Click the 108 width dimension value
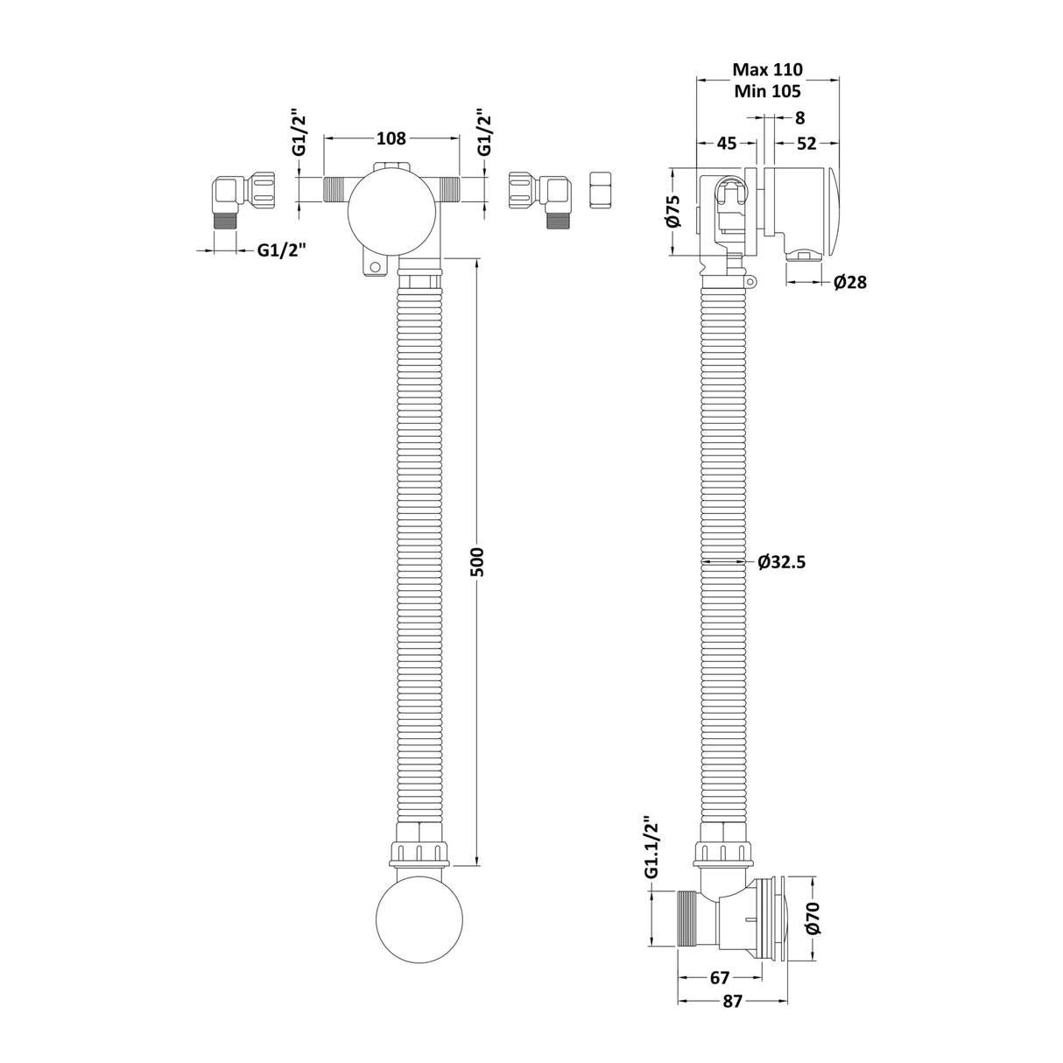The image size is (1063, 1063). (391, 137)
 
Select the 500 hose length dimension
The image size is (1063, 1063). (476, 561)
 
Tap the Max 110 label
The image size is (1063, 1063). (767, 69)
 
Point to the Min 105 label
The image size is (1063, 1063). (767, 90)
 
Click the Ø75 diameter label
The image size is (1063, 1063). (672, 210)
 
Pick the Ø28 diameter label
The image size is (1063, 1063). (849, 282)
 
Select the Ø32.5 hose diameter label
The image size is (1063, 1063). (781, 562)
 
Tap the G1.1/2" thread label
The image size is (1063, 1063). (651, 848)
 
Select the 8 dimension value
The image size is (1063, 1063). (799, 116)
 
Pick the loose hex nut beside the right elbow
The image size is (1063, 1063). (602, 190)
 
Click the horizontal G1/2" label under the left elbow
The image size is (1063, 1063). (281, 250)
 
